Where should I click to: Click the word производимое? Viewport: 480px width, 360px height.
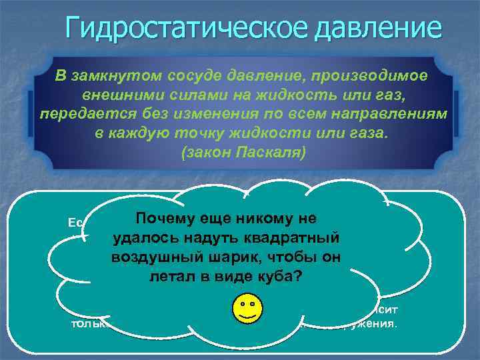377,76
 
